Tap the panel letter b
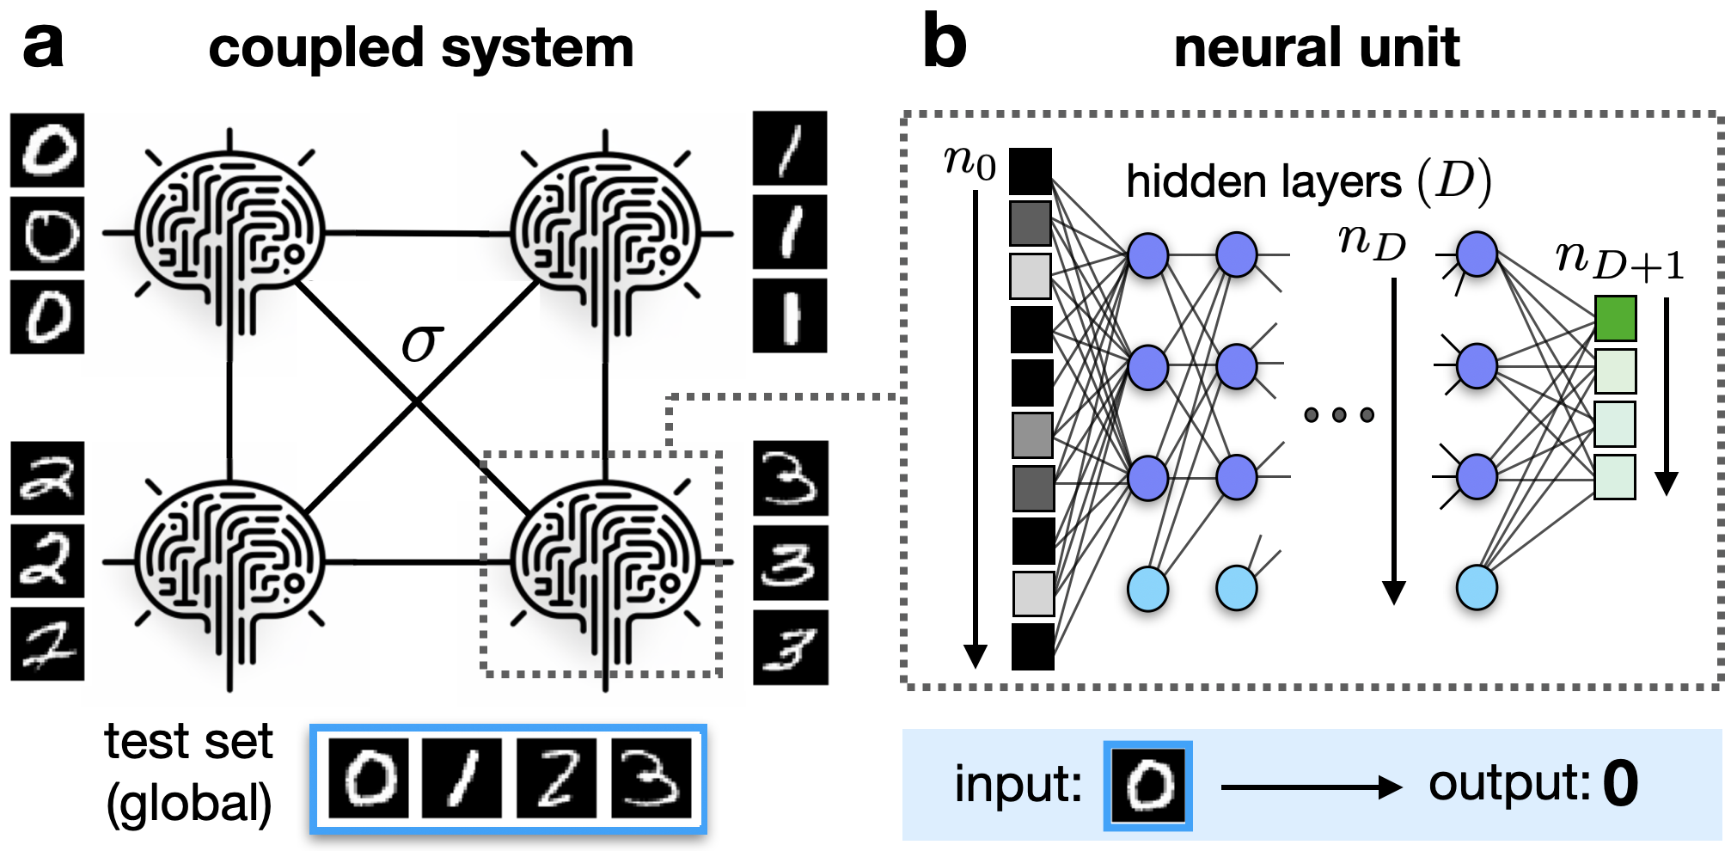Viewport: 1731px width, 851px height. pos(944,43)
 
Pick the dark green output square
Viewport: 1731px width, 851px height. pos(1615,318)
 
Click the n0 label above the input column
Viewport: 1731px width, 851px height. pos(969,161)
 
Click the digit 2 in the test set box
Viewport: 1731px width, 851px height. pos(556,778)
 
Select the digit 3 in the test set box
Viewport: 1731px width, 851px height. pos(651,778)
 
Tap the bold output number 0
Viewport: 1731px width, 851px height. pos(1620,784)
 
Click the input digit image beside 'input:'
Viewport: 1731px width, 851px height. pos(1147,786)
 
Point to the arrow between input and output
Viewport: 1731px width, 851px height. pos(1310,787)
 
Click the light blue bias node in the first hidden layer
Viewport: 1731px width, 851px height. pos(1147,589)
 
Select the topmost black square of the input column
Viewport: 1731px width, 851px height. pos(1031,172)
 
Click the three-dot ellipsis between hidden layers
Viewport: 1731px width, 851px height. pos(1338,415)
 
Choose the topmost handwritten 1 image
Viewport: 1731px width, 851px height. pos(789,148)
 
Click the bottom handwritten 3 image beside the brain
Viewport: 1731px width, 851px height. pos(790,647)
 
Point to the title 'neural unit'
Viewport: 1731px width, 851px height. pos(1316,47)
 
